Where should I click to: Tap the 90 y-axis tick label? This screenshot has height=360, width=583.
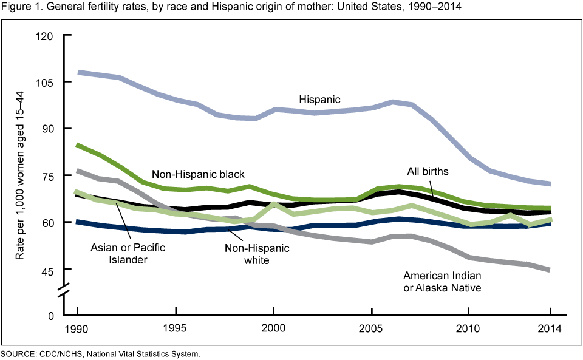[49, 129]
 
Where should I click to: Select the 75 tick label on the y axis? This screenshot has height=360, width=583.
[49, 175]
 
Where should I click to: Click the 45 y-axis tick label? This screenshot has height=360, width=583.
[49, 269]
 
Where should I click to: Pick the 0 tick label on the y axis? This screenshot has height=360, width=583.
[52, 316]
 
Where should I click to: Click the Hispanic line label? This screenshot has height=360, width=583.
[319, 99]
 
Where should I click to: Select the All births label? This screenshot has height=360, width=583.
[428, 172]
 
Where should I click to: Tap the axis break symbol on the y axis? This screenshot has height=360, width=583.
[65, 293]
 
